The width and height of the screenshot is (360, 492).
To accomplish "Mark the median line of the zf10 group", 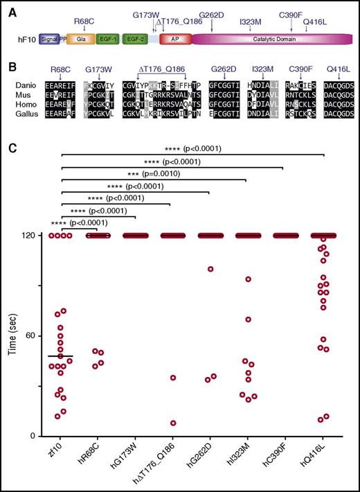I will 61,355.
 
